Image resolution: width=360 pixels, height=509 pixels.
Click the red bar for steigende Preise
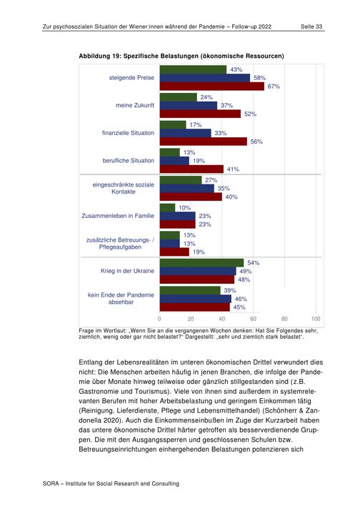tap(211, 87)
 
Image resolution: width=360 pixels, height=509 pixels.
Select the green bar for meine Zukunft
tap(179, 97)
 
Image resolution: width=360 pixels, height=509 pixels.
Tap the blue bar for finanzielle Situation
tap(185, 133)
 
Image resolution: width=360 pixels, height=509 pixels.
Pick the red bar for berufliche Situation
tap(191, 169)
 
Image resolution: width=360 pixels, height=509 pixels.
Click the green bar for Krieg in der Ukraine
tap(201, 262)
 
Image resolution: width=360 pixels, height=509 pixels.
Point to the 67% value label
tap(274, 87)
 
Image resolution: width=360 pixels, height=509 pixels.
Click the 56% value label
tap(256, 142)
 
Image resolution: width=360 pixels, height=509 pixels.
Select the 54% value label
tap(254, 262)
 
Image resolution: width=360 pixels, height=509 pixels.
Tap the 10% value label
tap(185, 208)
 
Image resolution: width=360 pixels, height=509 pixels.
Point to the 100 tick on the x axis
tap(316, 319)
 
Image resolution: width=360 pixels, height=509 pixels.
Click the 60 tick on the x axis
tap(254, 319)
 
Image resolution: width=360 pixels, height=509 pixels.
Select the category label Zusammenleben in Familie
tap(118, 216)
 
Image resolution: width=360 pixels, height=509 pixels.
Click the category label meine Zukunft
tap(135, 105)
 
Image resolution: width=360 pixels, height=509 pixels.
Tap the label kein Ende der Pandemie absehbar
tap(121, 298)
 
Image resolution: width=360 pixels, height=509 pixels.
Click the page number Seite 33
tap(311, 26)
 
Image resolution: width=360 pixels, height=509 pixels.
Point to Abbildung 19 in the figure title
tap(99, 56)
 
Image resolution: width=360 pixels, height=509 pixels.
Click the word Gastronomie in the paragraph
tap(98, 391)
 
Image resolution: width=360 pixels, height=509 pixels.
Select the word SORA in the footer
tap(51, 483)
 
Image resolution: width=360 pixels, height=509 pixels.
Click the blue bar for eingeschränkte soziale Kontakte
tap(187, 188)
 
